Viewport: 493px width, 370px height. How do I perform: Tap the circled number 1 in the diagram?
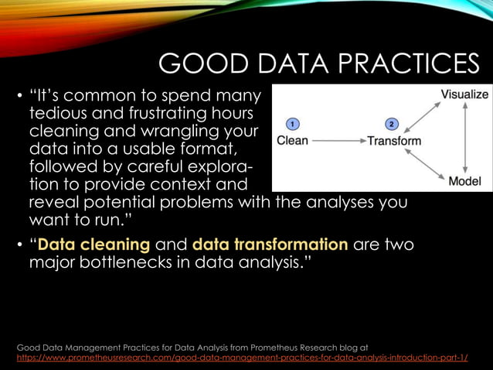tap(291, 123)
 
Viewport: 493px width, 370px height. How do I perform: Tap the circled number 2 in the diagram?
tap(391, 123)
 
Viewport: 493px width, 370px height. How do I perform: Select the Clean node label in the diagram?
tap(292, 140)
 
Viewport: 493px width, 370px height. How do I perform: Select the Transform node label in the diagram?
tap(394, 140)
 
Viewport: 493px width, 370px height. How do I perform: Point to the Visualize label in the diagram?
tap(464, 94)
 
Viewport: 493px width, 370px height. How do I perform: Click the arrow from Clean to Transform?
tap(337, 141)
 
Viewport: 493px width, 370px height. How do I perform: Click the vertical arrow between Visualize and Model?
tap(464, 138)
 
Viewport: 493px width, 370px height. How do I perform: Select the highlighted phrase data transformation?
tap(270, 245)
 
